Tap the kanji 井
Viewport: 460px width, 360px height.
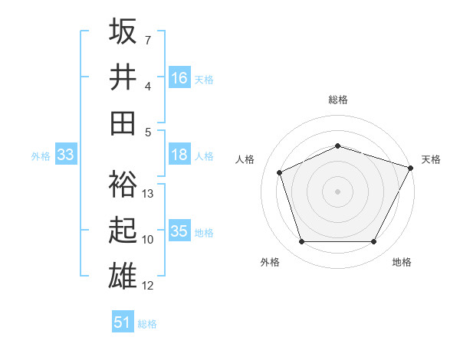(x=123, y=77)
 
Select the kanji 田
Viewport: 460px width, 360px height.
(x=123, y=123)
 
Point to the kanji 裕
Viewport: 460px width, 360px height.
(x=123, y=184)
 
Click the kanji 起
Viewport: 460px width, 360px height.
(x=123, y=230)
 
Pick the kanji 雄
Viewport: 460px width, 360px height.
(x=123, y=275)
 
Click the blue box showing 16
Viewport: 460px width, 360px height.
(x=179, y=78)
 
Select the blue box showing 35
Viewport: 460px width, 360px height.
(x=179, y=231)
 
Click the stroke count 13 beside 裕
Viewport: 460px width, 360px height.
(x=149, y=194)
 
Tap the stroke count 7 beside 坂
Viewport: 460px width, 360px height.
(x=148, y=39)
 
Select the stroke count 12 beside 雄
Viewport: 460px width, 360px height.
(x=149, y=286)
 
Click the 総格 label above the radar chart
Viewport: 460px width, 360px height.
(x=338, y=100)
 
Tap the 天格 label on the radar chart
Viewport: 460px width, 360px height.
(x=431, y=159)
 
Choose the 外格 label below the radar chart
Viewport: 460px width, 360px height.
(x=270, y=262)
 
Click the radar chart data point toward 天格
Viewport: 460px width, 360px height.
(x=412, y=168)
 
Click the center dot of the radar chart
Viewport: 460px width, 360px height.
(x=338, y=191)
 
